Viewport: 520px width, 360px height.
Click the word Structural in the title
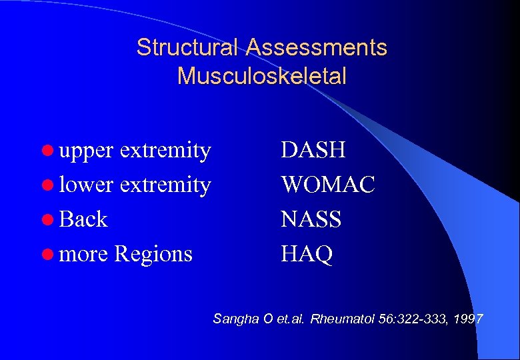click(x=187, y=47)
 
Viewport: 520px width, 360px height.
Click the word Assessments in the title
click(x=316, y=47)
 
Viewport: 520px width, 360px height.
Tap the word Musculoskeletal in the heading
click(x=262, y=76)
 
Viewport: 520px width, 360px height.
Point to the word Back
click(x=83, y=219)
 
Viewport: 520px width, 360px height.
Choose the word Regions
click(x=153, y=254)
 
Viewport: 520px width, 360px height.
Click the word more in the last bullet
click(x=84, y=254)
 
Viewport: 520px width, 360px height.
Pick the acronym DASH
click(x=313, y=150)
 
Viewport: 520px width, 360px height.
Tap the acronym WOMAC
click(x=328, y=185)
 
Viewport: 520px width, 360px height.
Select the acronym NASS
click(x=311, y=219)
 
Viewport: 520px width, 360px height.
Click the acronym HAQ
click(x=307, y=254)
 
